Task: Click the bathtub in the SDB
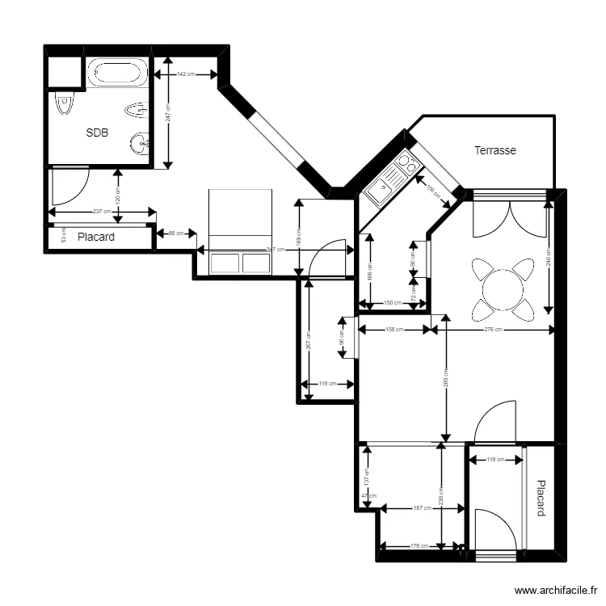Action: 117,73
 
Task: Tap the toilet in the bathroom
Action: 63,104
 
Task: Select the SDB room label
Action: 97,133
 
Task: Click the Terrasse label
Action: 494,150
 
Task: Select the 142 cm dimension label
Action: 185,74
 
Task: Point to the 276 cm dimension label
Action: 493,330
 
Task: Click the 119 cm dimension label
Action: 327,384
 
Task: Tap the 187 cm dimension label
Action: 421,508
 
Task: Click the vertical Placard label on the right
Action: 541,499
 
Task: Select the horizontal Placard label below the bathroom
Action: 95,238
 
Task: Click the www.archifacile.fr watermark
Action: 556,591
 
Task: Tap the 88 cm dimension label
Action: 175,234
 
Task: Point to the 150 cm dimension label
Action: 392,303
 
